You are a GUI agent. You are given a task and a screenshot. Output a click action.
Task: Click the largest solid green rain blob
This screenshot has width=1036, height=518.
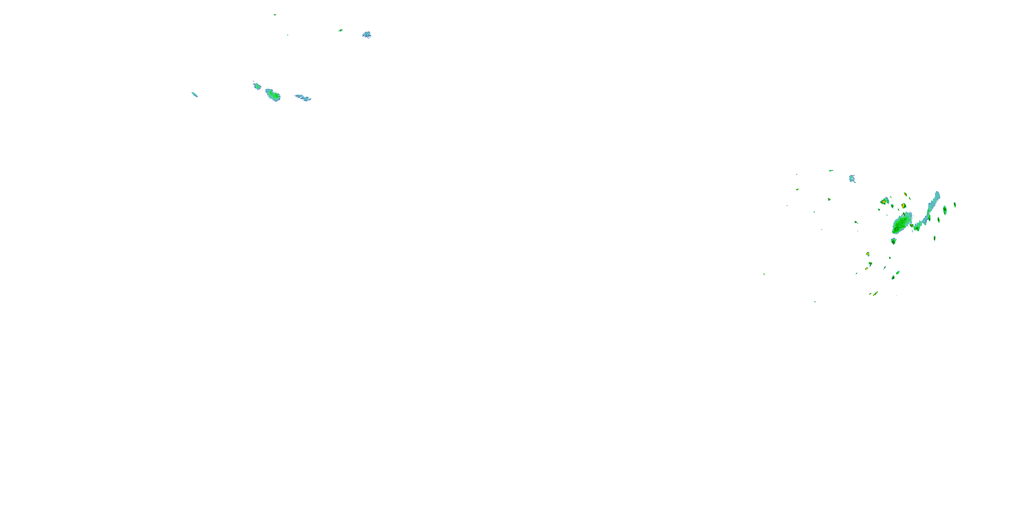(x=901, y=224)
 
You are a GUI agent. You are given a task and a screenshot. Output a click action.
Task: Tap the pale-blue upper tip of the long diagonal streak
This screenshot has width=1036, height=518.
(x=937, y=195)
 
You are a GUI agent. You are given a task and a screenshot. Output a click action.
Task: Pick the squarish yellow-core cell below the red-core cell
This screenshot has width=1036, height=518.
(x=903, y=206)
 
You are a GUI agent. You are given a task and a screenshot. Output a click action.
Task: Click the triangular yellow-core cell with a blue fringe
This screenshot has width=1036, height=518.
(x=884, y=201)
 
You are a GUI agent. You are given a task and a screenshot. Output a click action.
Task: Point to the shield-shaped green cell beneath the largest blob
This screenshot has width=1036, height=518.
(x=893, y=241)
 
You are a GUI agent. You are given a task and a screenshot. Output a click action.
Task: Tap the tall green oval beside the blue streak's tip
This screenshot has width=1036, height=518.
(x=945, y=210)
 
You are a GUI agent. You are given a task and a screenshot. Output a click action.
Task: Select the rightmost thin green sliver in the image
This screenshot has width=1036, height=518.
(x=955, y=205)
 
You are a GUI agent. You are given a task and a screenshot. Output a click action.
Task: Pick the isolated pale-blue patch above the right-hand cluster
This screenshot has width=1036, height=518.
(x=852, y=178)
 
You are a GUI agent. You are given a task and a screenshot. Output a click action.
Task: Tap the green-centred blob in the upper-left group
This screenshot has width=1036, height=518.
(x=273, y=95)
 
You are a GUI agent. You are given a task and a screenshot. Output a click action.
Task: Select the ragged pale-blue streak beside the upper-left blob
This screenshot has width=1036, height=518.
(x=303, y=98)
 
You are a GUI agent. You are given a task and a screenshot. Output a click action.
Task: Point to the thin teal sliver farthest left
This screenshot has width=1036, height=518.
(x=195, y=95)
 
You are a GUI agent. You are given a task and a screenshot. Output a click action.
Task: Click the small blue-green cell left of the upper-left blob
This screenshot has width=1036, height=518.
(x=257, y=86)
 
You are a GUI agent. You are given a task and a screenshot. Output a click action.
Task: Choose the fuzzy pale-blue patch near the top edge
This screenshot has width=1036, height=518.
(x=366, y=35)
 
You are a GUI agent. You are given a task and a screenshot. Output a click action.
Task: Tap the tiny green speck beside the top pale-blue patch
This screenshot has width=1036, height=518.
(x=340, y=30)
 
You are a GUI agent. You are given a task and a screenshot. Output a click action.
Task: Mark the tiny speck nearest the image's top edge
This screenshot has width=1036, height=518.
(x=275, y=15)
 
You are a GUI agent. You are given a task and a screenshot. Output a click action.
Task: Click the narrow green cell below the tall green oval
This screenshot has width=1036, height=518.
(x=939, y=220)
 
